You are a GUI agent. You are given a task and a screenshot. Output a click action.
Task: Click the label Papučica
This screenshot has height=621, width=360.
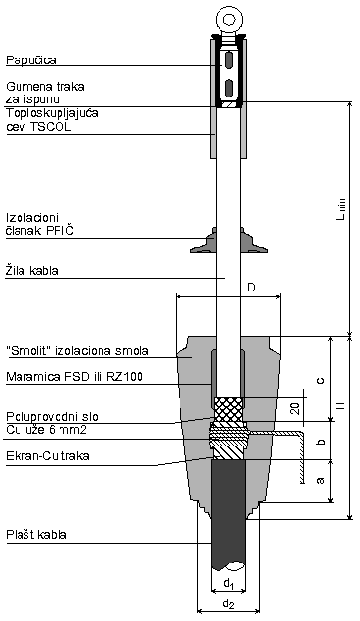[x=32, y=58]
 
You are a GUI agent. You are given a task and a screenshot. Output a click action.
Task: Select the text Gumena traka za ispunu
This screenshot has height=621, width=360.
[x=45, y=94]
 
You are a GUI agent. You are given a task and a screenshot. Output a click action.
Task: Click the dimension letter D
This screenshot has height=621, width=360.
[x=251, y=288]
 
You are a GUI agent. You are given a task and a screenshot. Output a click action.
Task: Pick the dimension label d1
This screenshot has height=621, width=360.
[x=226, y=583]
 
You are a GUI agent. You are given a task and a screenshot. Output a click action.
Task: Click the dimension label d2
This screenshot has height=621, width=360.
[x=227, y=606]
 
